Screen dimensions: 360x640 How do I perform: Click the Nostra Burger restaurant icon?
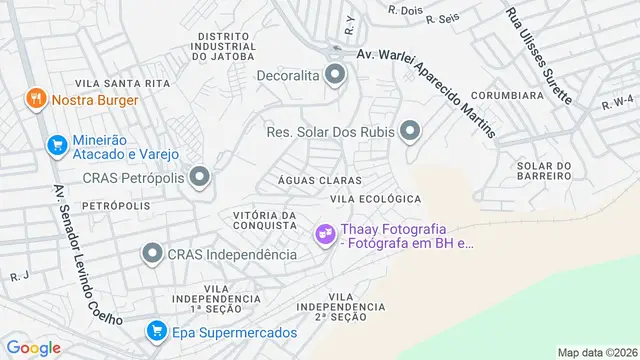[36, 100]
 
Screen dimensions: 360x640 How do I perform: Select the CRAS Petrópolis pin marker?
[199, 178]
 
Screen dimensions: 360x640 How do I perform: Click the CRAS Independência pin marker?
[153, 254]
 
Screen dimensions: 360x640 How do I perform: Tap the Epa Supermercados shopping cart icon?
[156, 331]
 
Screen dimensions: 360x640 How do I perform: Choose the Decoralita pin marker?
[336, 73]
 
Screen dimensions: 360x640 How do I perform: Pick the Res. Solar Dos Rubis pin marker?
[409, 131]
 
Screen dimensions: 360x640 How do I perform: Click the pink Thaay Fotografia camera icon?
[324, 235]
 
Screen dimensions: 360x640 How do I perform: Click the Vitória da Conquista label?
[264, 220]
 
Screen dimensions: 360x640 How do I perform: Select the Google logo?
[34, 347]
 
